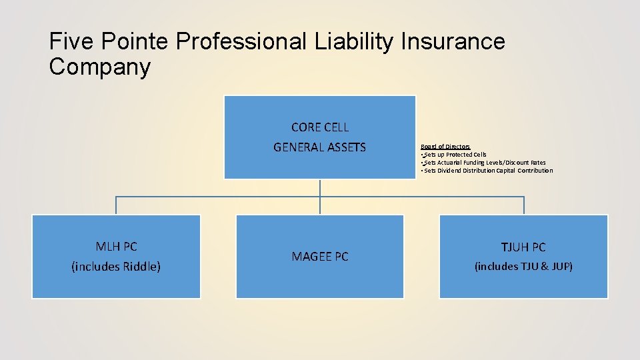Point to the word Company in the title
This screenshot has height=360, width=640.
point(100,67)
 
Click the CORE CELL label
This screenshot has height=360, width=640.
point(320,127)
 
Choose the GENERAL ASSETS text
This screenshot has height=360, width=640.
point(320,147)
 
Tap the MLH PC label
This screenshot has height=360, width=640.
point(116,247)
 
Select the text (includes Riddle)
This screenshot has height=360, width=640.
point(116,267)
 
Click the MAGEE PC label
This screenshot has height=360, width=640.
point(320,257)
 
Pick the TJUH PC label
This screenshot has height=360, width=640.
point(523,247)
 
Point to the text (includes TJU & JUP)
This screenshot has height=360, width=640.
point(523,267)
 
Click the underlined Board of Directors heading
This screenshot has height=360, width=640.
point(445,147)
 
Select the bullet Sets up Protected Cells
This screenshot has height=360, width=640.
point(455,155)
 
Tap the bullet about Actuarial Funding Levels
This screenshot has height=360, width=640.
point(484,163)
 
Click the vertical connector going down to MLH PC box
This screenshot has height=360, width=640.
point(116,205)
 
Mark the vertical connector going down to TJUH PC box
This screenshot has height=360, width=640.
point(524,205)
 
